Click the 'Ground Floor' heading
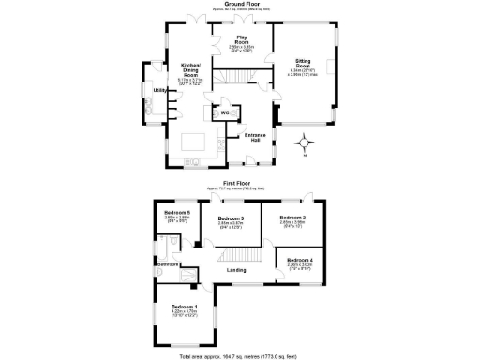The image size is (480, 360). coord(240,4)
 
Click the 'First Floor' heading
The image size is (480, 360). coord(241,183)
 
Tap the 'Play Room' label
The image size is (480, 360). coord(242,41)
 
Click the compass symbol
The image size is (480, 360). coord(305,142)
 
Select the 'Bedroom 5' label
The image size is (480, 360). coord(176,213)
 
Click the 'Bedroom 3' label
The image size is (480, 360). coord(231,220)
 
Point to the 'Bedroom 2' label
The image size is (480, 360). coord(293,218)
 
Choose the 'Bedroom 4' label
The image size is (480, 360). coord(300,259)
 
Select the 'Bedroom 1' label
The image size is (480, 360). coord(184,307)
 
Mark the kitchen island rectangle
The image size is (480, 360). coord(198,142)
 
